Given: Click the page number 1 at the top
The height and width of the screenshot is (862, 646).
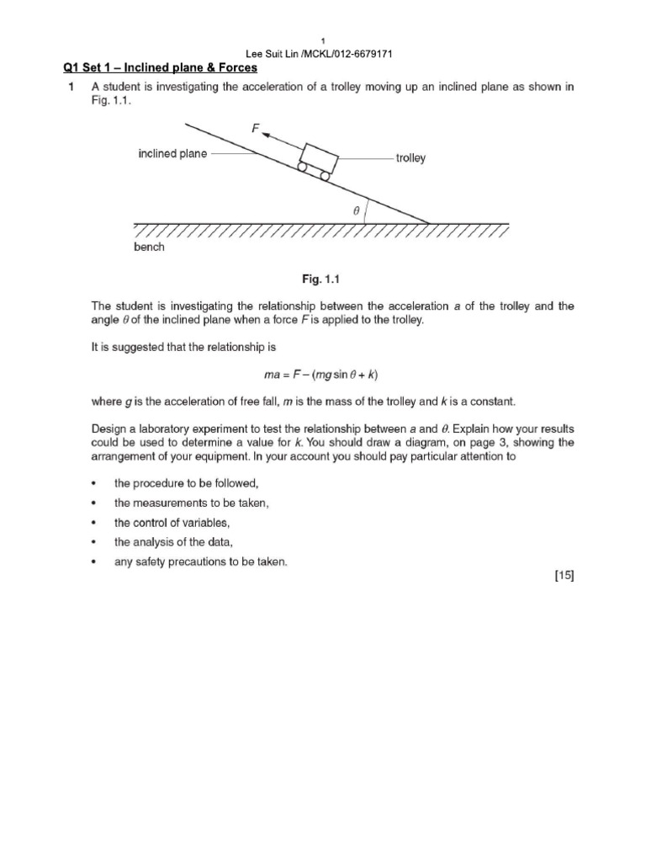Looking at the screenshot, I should (324, 40).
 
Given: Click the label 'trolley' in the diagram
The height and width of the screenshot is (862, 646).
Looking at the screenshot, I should (410, 157).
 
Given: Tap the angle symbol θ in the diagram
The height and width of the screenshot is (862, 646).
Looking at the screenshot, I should (357, 212).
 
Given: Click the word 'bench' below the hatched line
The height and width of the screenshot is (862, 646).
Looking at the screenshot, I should (149, 248).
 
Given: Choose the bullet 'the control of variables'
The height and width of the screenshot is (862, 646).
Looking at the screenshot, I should (172, 523).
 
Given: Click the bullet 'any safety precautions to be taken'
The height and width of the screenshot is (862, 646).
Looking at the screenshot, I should (200, 562).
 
